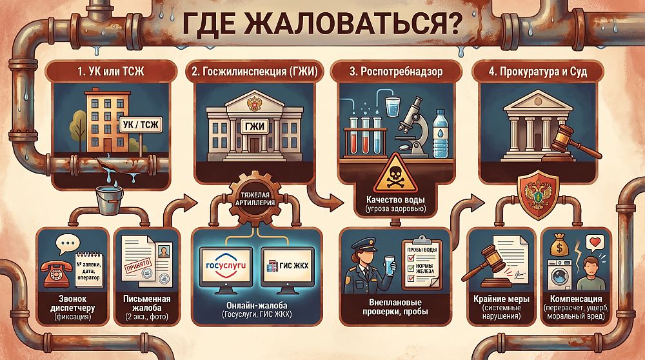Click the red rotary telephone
pos(57,273)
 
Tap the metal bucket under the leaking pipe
pos(109,200)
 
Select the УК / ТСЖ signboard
pos(141,125)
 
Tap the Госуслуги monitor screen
pos(226,266)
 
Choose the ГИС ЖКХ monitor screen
pos(288,266)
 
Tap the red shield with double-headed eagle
pos(538,195)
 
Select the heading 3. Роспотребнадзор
pos(396,72)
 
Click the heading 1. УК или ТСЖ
pos(111,72)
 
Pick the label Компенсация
pos(576,299)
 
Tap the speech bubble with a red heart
pos(595,243)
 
